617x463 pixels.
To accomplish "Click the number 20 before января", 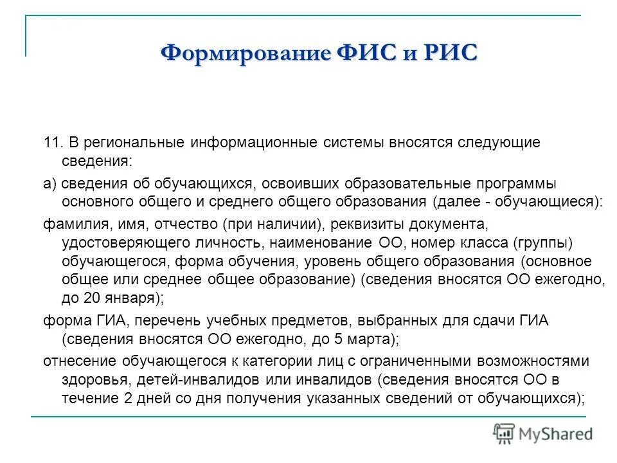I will pos(91,298).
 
